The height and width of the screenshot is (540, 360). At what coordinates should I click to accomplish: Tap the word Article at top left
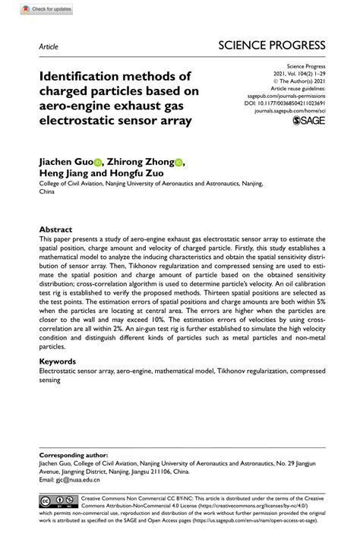click(x=49, y=46)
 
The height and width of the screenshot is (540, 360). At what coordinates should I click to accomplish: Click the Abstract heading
click(x=55, y=229)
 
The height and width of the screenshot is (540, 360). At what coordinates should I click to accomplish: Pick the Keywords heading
click(x=58, y=362)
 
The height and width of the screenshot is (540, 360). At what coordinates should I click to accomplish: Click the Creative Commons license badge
click(x=58, y=501)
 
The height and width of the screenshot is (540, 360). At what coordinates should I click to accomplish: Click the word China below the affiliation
click(x=48, y=192)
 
